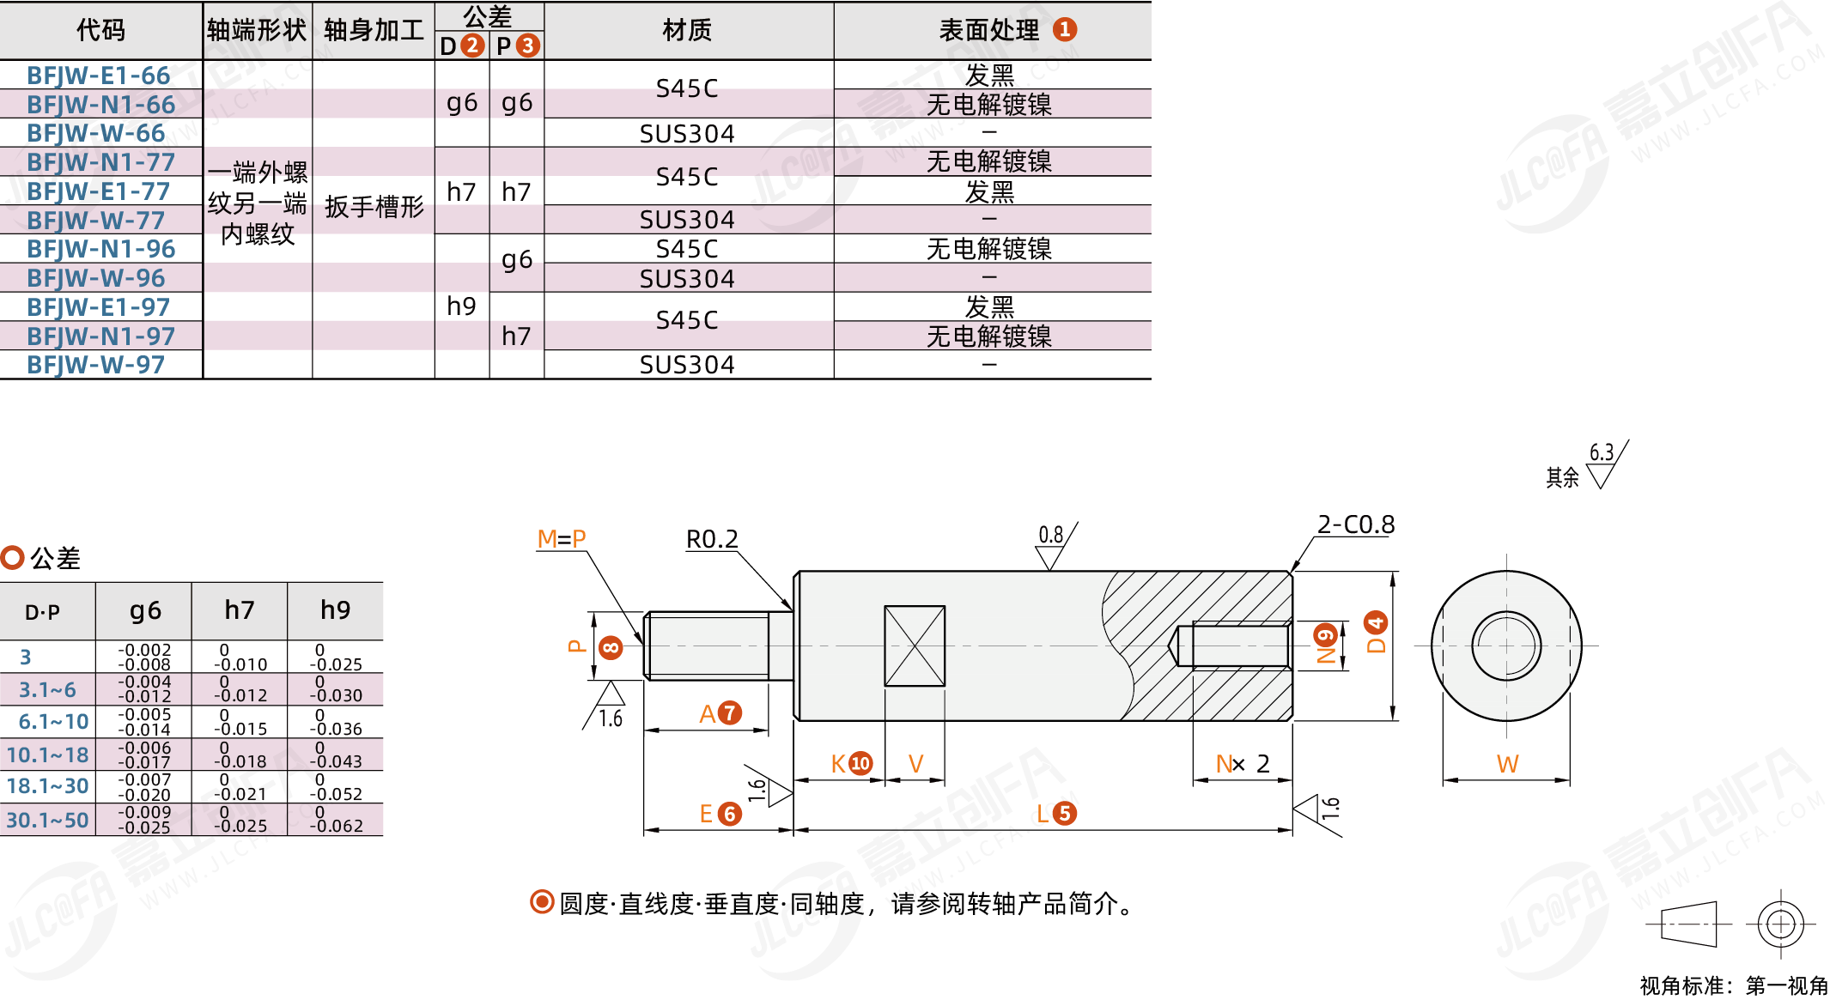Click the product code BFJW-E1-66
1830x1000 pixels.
coord(98,76)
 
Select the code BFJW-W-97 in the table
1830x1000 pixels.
coord(95,365)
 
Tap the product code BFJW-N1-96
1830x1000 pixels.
coord(100,249)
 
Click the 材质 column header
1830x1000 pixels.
coord(687,31)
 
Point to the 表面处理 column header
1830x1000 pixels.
coord(989,31)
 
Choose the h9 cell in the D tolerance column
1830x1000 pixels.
coord(461,306)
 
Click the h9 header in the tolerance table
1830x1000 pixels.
coord(335,610)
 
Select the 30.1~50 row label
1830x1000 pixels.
coord(47,820)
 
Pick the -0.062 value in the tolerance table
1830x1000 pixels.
coord(337,826)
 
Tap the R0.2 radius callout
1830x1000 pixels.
coord(712,539)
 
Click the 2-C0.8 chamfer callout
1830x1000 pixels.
coord(1356,524)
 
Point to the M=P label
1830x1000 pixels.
coord(562,539)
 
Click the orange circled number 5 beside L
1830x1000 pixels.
coord(1064,813)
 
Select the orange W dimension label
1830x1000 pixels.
coord(1507,763)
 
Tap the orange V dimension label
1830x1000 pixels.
coord(915,763)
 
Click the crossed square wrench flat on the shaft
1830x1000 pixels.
coord(915,645)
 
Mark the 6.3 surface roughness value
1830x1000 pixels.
coord(1602,452)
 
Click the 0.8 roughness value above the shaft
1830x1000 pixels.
coord(1050,535)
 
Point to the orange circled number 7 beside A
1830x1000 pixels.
coord(729,713)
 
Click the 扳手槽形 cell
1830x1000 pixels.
coord(374,207)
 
